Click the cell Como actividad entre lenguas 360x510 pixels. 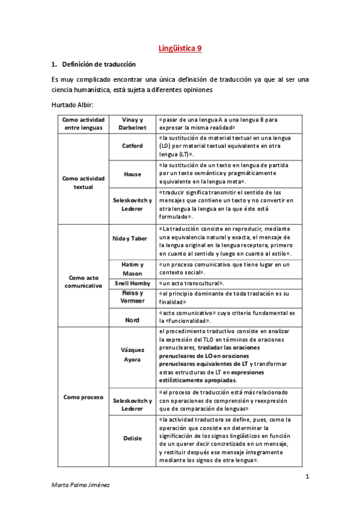click(x=84, y=123)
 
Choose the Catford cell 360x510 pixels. click(x=132, y=146)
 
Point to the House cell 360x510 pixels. click(x=132, y=174)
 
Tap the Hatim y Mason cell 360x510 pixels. click(x=132, y=269)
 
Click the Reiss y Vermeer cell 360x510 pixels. click(x=132, y=297)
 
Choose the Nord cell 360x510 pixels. click(x=132, y=320)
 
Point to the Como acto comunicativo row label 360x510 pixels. click(x=84, y=281)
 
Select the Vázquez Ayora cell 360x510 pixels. click(x=132, y=355)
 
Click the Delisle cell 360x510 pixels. click(x=132, y=438)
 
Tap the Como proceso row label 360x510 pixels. click(x=84, y=397)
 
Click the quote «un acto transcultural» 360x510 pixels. click(x=192, y=283)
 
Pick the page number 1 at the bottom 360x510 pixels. click(x=307, y=478)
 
